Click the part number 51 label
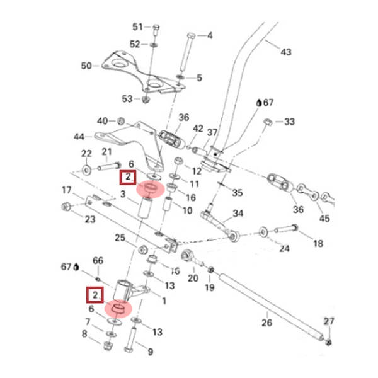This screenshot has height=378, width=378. pos(137,26)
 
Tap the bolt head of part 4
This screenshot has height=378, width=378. pos(191,36)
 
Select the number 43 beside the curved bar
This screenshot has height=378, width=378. pos(286,52)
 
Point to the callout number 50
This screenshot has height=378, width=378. pos(86,66)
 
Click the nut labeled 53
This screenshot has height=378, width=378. pos(145,100)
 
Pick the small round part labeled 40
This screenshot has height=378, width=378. pos(121,121)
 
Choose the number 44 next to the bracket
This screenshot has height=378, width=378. pos(79,137)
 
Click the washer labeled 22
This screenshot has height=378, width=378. pos(87,170)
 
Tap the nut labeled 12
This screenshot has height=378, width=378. pos(178,161)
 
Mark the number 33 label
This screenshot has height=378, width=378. pos(290,122)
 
